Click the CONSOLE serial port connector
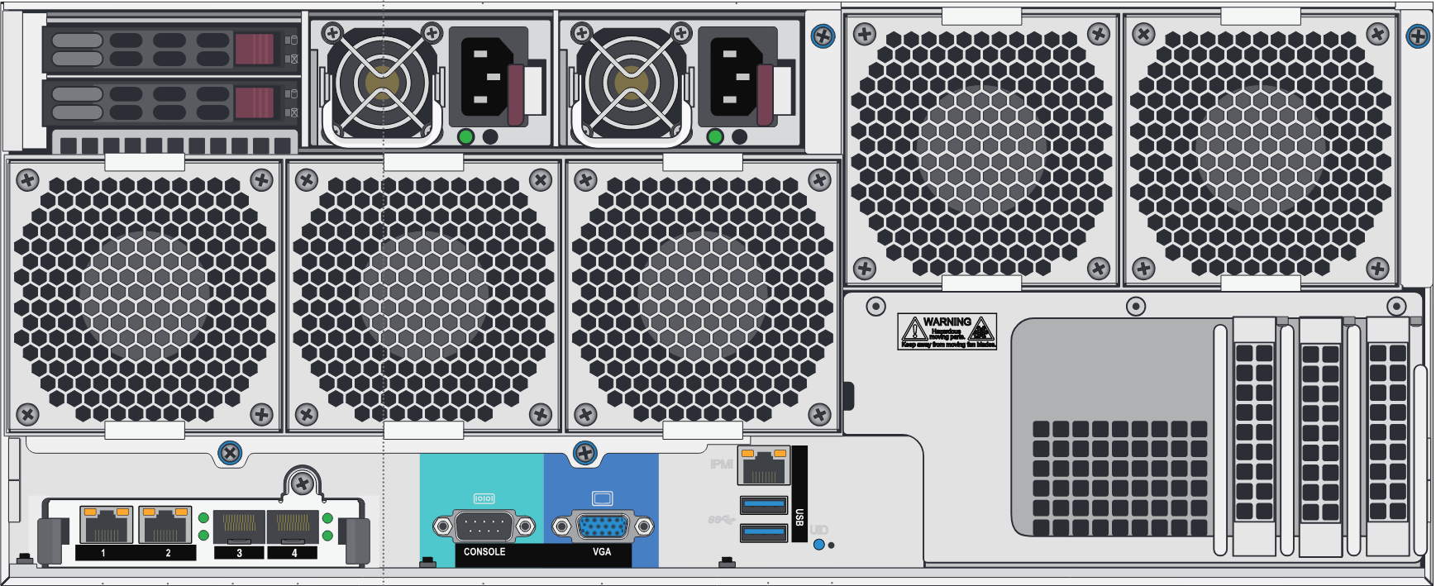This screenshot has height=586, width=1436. (484, 526)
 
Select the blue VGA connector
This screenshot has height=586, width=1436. (602, 526)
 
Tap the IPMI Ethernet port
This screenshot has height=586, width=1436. (763, 466)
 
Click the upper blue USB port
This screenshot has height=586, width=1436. (764, 503)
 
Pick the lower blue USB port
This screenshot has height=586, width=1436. (764, 531)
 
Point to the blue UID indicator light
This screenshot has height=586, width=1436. (818, 545)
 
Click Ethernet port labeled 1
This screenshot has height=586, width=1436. (106, 524)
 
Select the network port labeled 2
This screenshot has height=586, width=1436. (165, 524)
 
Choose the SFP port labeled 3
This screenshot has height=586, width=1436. (240, 526)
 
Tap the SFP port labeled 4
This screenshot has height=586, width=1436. (293, 526)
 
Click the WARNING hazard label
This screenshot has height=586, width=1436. (947, 331)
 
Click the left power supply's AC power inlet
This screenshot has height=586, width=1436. (485, 78)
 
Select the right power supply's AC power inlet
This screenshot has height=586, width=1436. (735, 78)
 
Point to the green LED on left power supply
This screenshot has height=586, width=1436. (465, 136)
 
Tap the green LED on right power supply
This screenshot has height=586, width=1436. (715, 136)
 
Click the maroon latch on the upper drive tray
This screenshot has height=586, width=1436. (254, 49)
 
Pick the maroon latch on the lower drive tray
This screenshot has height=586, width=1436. (254, 103)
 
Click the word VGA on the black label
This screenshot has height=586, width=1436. (602, 551)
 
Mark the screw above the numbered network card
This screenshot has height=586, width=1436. (303, 483)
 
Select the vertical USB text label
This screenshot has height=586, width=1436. (799, 517)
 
